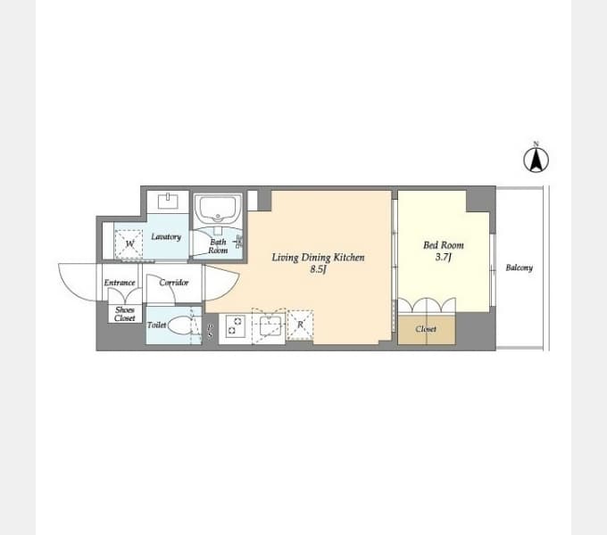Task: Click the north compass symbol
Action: coord(536,160)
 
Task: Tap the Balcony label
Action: coord(520,267)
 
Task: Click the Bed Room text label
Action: coord(444,245)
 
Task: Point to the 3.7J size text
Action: coord(444,257)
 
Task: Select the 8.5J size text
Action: coord(318,269)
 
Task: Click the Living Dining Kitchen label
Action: coord(318,258)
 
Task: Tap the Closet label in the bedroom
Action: coord(426,329)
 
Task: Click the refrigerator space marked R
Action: coord(300,325)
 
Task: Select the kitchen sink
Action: coord(269,325)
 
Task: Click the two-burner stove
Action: coord(236,325)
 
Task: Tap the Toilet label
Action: coord(156,325)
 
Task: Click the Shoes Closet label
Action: coord(125,314)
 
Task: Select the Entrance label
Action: coord(120,283)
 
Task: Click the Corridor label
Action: coord(174,283)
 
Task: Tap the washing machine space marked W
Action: coord(129,244)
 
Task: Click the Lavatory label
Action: coord(166,236)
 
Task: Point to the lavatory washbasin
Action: coord(168,201)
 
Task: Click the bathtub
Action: coord(218,210)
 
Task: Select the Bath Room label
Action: coord(218,246)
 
